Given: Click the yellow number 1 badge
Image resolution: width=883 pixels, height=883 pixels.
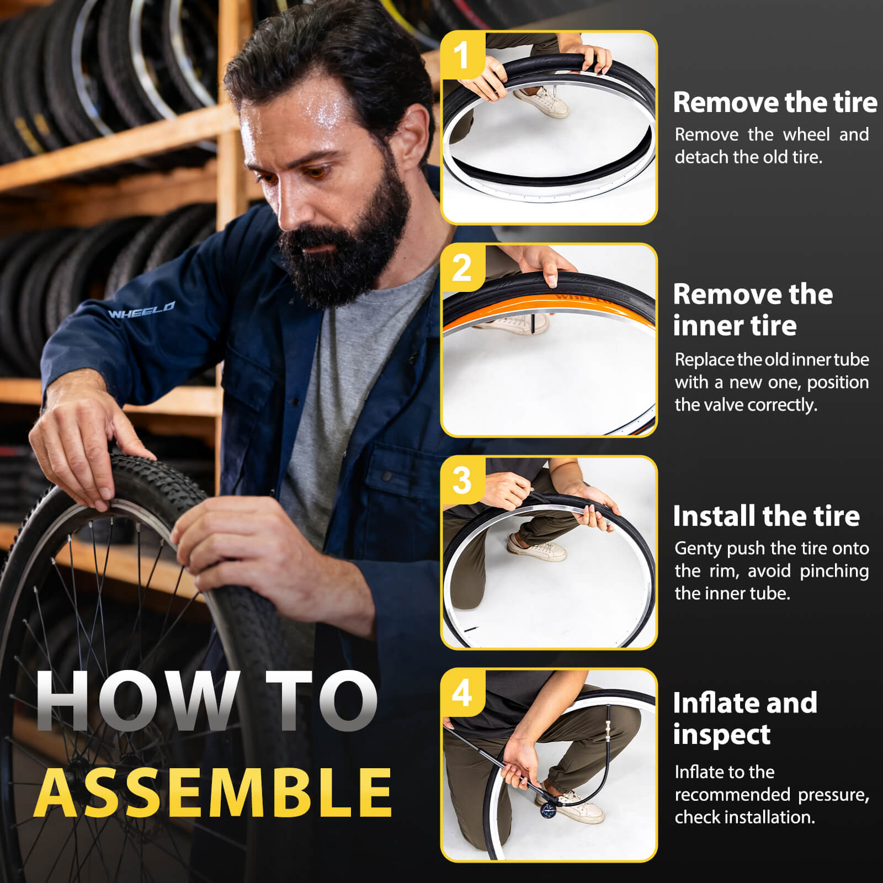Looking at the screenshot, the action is [x=462, y=55].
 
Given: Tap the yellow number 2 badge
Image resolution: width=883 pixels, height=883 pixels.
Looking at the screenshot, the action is [x=462, y=268].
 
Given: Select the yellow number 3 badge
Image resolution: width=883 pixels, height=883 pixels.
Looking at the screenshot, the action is [x=462, y=480].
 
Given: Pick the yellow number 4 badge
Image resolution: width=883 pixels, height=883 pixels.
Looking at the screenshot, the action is [x=462, y=693].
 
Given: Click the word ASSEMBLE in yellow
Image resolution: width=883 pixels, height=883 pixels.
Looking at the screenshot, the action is [x=214, y=792].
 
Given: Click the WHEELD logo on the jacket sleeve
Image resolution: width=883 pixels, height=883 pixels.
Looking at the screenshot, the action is [x=142, y=310].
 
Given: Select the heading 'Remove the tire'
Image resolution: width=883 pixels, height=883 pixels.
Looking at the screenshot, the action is [x=775, y=103].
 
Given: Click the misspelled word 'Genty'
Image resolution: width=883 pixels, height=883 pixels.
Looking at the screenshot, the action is [x=698, y=549].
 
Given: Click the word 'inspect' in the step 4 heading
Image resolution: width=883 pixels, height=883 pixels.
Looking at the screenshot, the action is [x=721, y=735].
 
